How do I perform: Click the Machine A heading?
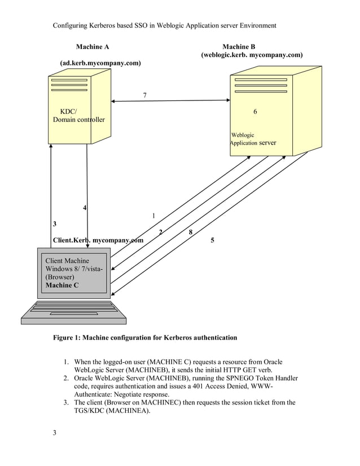point(93,46)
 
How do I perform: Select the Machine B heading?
point(239,46)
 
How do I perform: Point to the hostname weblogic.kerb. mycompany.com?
point(252,55)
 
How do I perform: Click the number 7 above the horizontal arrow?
point(145,95)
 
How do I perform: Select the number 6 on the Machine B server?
point(255,112)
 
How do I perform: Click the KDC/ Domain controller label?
point(78,116)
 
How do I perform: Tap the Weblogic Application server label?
point(253,139)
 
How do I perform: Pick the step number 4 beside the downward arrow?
point(85,208)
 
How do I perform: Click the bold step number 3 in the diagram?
point(55,224)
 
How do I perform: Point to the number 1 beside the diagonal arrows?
point(153,216)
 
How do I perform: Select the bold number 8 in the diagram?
point(191,232)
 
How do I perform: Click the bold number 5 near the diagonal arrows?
point(212,240)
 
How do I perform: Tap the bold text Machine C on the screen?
point(62,285)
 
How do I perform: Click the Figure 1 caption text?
point(145,337)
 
